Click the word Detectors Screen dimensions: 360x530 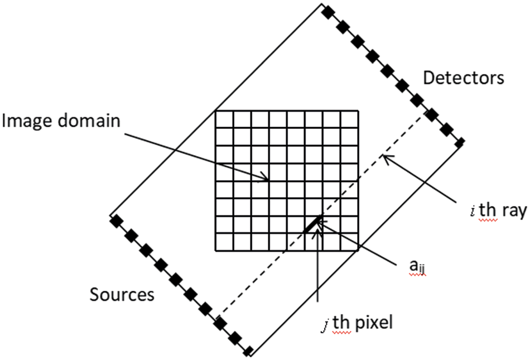pyautogui.click(x=463, y=78)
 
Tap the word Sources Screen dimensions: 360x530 pyautogui.click(x=122, y=294)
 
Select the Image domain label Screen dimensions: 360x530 pyautogui.click(x=61, y=121)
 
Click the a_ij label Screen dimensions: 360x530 pyautogui.click(x=413, y=270)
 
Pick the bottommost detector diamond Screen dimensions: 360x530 pyautogui.click(x=459, y=143)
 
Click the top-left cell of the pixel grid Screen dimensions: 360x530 pyautogui.click(x=224, y=119)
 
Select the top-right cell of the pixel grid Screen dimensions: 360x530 pyautogui.click(x=349, y=119)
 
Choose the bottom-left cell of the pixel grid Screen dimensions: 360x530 pyautogui.click(x=224, y=242)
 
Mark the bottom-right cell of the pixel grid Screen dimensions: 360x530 pyautogui.click(x=349, y=242)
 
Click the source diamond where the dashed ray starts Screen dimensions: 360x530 pyautogui.click(x=220, y=322)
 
